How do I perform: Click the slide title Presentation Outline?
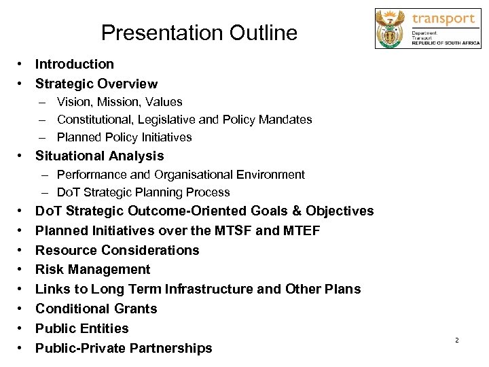199,33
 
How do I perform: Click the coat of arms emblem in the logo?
391,29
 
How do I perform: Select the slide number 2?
457,340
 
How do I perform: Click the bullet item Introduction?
75,65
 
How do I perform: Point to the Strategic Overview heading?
96,84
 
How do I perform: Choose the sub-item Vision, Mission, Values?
120,102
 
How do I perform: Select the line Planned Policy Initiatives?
124,137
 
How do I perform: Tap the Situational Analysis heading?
100,156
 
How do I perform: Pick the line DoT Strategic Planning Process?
143,192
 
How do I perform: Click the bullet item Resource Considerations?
117,250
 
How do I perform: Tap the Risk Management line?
93,270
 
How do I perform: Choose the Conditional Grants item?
96,309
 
